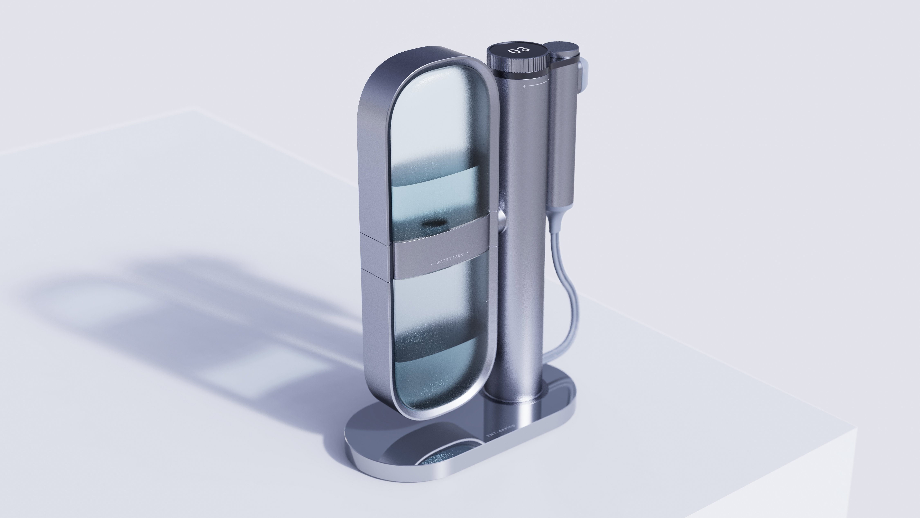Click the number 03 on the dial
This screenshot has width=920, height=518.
click(518, 50)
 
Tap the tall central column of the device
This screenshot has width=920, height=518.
click(521, 250)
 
